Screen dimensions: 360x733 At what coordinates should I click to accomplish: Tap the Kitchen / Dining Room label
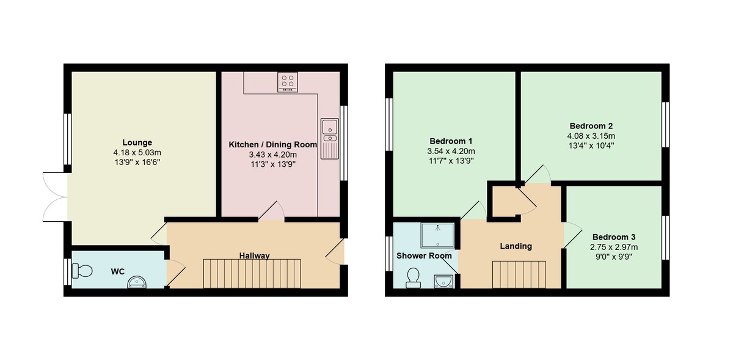[272, 145]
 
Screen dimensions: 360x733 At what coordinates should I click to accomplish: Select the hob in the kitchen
[288, 82]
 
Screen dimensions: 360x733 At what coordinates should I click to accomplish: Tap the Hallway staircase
[252, 273]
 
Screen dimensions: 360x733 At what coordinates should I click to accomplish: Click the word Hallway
[254, 255]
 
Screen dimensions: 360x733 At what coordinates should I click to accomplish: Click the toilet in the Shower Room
[414, 277]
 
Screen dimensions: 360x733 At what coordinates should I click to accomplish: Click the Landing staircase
[519, 274]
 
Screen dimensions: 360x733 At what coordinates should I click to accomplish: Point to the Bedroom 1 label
[451, 138]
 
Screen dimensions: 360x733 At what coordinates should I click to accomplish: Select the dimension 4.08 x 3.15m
[591, 136]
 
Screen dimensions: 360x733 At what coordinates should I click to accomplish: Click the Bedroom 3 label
[614, 237]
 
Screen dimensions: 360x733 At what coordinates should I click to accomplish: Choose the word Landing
[516, 246]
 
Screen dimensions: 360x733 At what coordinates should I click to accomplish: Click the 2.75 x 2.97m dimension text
[614, 247]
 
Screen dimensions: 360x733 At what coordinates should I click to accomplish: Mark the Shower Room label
[425, 255]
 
